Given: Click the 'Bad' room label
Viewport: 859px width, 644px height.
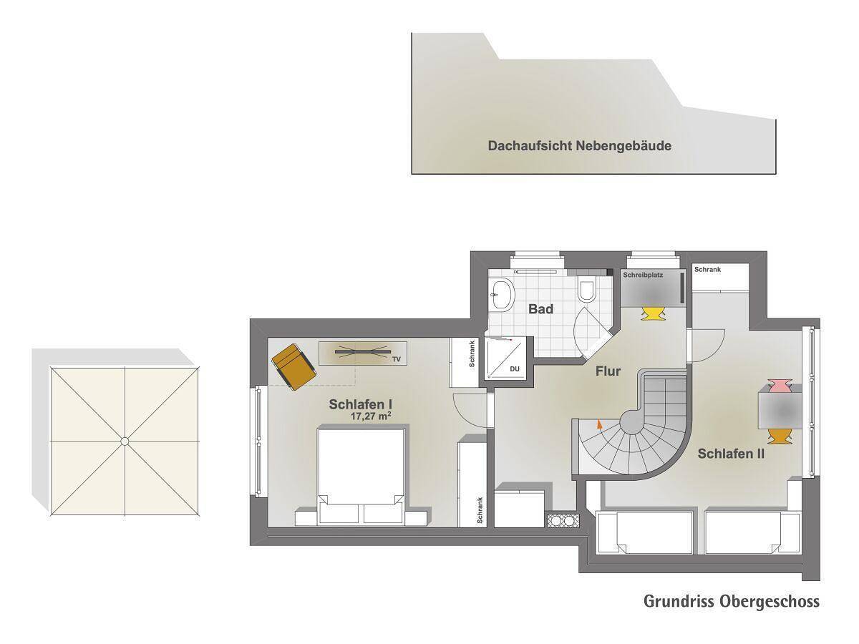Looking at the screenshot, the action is (540, 309).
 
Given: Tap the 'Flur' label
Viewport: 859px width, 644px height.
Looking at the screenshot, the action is (608, 371).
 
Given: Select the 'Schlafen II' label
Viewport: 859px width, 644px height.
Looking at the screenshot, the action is (731, 454).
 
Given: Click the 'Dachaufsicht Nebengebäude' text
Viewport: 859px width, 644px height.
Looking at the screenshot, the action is (580, 146).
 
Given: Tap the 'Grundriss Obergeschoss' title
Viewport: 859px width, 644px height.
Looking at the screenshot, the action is (732, 601).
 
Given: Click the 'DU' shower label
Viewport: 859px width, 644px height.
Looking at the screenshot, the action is (515, 369).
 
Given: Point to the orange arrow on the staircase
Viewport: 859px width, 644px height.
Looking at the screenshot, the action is (598, 424).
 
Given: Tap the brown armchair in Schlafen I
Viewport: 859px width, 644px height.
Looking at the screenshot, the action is (294, 366).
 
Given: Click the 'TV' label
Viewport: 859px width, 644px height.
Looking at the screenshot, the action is (397, 359).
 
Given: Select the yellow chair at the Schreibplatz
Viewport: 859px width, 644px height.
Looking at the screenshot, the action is (652, 313).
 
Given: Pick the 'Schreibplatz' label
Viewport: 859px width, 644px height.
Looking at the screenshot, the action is (643, 275).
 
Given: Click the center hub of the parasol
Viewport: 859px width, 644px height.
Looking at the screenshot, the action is (125, 441).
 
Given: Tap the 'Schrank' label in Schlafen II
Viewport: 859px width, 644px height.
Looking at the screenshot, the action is (707, 270).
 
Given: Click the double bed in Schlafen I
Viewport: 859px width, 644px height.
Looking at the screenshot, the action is (361, 476).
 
